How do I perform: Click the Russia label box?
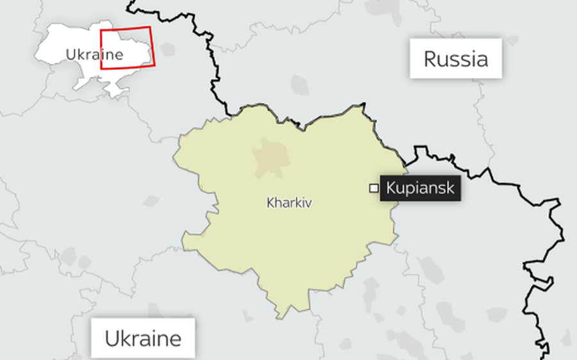point(456,59)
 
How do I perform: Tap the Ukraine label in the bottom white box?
point(142,338)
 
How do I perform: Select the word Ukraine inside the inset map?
point(94,54)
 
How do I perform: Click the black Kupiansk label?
point(420,188)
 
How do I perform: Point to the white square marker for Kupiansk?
point(373,188)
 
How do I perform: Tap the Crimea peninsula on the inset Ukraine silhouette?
point(116,92)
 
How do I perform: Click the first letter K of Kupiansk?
point(391,188)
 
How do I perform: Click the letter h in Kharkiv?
point(276,203)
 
